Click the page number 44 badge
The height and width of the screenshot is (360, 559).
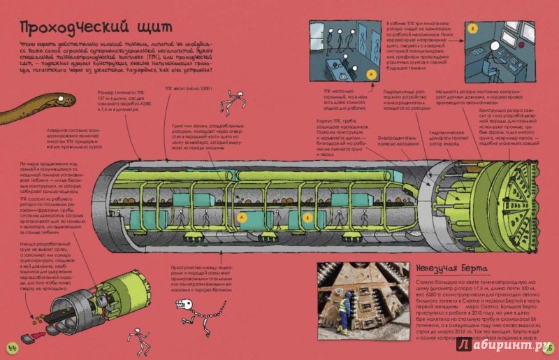pos(11,347)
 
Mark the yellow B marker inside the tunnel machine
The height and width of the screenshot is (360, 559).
pos(308,217)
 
